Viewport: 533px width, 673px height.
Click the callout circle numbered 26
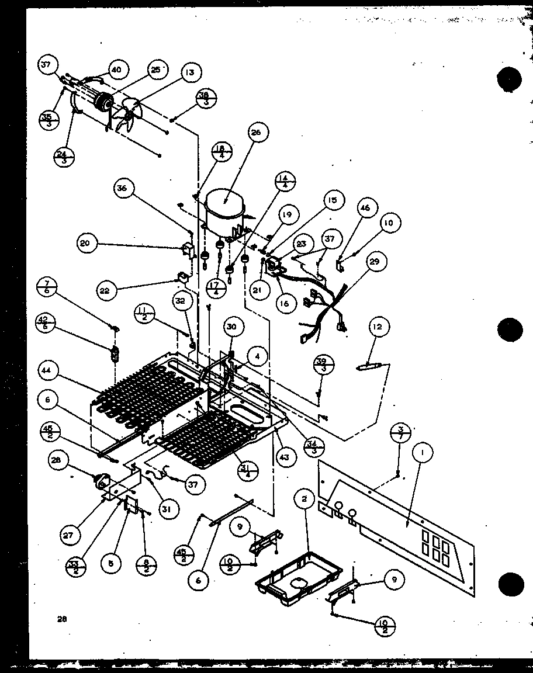click(x=256, y=133)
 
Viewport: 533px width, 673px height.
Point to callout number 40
click(x=116, y=70)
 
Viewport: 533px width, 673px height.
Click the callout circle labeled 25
click(x=154, y=70)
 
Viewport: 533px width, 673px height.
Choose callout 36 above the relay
click(x=124, y=189)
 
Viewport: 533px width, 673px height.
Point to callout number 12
click(x=378, y=328)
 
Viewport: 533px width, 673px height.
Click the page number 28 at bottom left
click(x=61, y=620)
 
